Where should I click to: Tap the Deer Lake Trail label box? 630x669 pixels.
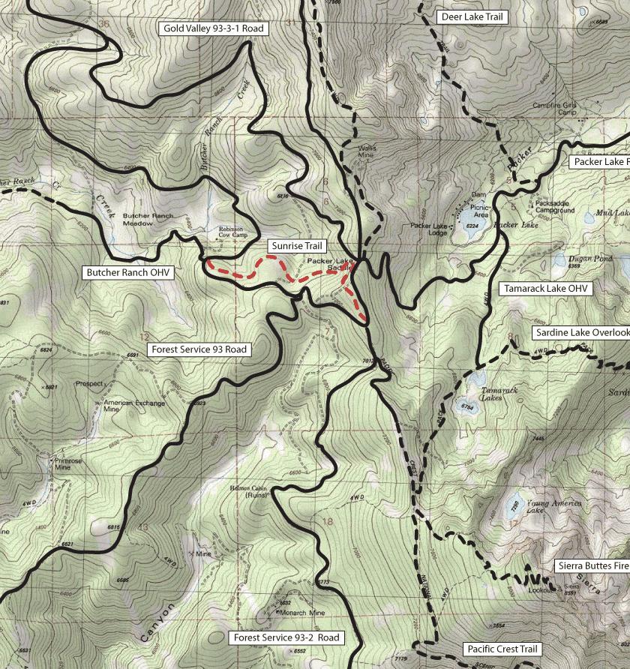point(472,16)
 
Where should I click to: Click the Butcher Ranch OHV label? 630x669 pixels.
point(127,273)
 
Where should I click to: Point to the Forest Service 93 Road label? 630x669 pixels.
point(199,349)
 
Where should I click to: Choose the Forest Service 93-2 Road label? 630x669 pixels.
point(286,637)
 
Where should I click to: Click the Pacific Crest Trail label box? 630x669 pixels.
point(502,649)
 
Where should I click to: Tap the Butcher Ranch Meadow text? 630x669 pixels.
point(148,219)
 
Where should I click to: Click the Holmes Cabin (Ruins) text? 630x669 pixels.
point(248,491)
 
